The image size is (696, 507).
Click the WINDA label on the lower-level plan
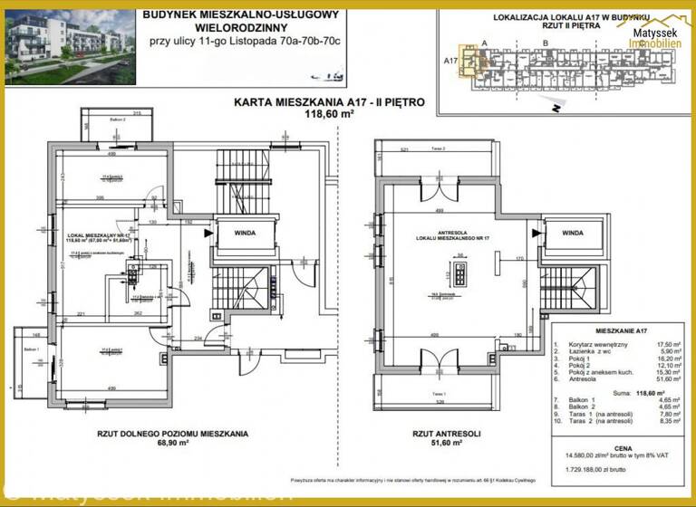(x=243, y=232)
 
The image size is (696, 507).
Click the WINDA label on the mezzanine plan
(x=572, y=232)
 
